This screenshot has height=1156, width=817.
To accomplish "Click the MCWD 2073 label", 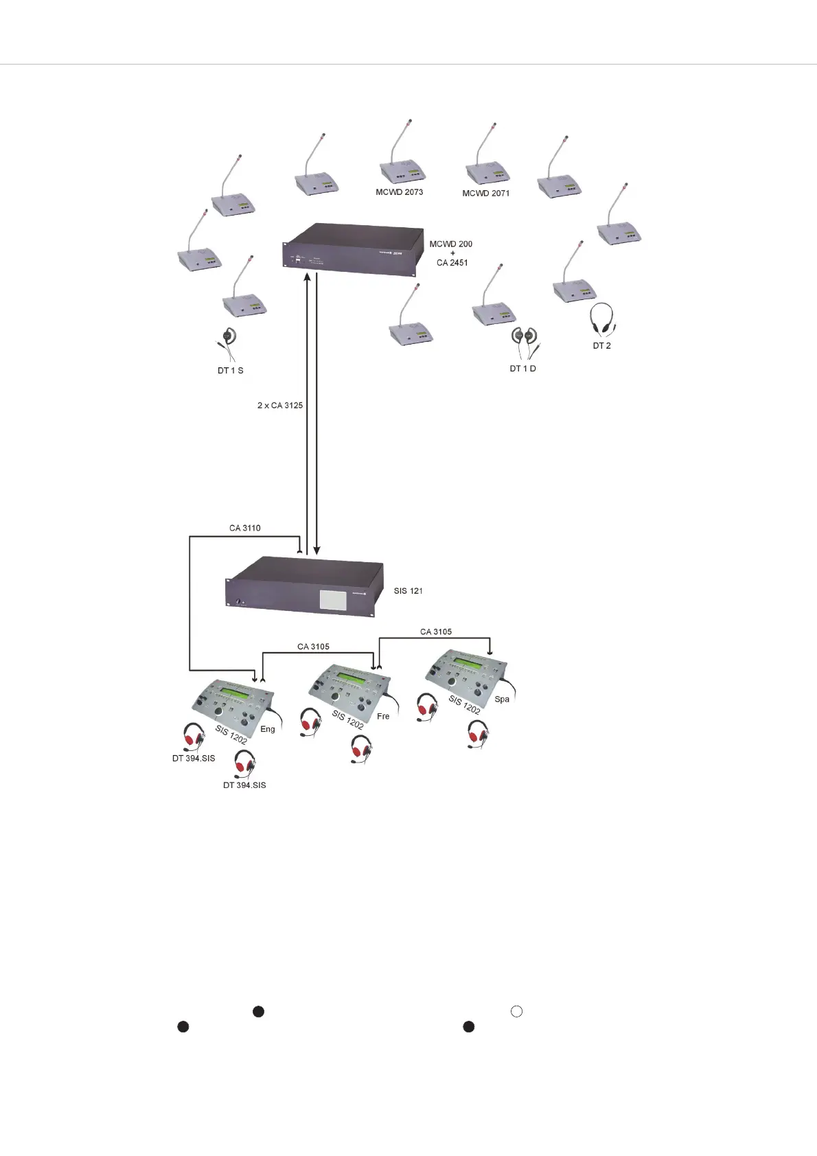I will point(399,192).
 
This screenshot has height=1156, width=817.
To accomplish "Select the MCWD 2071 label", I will point(485,194).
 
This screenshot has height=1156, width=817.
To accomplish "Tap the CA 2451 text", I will point(452,263).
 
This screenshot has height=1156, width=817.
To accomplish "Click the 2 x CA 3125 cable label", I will point(280,406).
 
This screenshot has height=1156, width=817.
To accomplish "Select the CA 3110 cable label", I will point(245,529).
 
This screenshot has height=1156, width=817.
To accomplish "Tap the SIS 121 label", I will point(408,590).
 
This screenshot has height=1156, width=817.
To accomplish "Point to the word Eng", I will point(268,729).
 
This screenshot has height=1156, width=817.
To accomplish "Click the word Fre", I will point(383,717).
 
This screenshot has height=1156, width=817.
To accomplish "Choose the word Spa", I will point(502,700).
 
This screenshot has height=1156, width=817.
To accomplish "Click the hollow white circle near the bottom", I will point(517,1011).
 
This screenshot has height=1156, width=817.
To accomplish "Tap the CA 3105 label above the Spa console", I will point(436,632).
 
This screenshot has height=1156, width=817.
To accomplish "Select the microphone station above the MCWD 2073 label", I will point(402,161).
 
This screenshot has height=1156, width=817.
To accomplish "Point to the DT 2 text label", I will point(602,346).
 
